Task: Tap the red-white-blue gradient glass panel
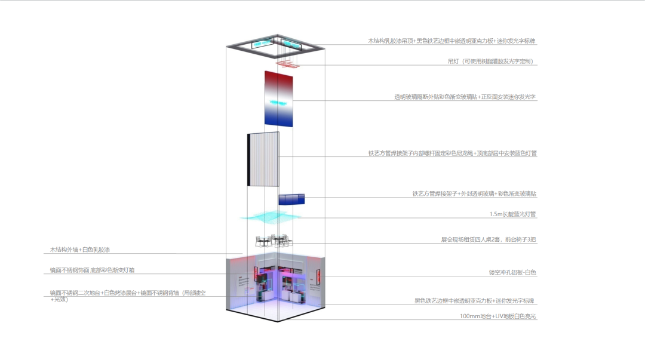[x=279, y=99]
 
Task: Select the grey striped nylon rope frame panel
[x=264, y=159]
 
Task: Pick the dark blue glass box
[x=291, y=199]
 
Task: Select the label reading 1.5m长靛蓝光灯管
[x=512, y=214]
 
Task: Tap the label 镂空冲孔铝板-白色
[x=512, y=273]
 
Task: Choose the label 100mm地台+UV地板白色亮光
[x=498, y=316]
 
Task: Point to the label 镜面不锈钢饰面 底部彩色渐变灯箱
[x=92, y=270]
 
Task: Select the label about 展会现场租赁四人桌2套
[x=489, y=239]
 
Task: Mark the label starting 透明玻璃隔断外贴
[x=465, y=97]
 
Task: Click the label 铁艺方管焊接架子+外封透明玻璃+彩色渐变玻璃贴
[x=474, y=193]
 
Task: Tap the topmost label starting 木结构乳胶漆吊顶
[x=452, y=41]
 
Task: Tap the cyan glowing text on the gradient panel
[x=279, y=103]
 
